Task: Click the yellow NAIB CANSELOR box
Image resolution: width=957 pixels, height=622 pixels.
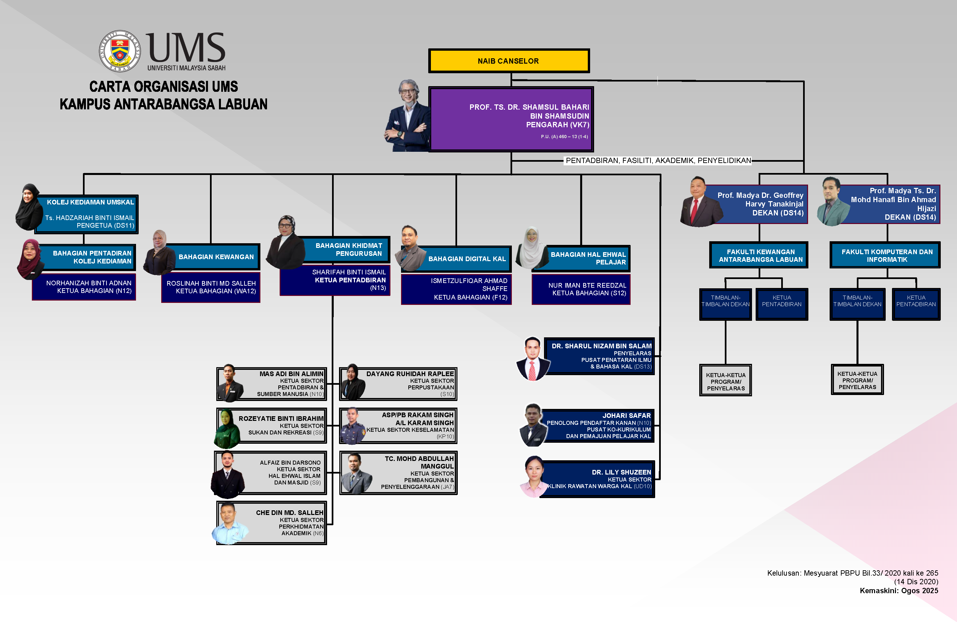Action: [509, 61]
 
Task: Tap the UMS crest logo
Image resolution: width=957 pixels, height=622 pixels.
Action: [120, 51]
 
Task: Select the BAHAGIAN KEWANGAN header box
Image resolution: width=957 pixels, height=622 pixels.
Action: [216, 257]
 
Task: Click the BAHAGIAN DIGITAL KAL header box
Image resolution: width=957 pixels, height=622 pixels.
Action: [466, 259]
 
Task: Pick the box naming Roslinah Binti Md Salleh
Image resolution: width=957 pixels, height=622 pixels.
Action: [211, 287]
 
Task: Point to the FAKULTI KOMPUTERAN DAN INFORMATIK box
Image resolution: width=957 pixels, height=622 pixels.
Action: [887, 255]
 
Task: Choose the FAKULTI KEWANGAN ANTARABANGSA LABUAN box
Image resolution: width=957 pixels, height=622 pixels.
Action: [760, 255]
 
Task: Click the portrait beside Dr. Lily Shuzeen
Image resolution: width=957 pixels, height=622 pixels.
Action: [534, 477]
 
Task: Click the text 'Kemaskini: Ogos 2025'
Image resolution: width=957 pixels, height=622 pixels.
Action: [898, 591]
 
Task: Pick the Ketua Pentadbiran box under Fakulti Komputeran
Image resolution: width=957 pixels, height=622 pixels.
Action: [916, 304]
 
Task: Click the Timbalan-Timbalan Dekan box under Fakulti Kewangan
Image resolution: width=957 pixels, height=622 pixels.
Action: [725, 304]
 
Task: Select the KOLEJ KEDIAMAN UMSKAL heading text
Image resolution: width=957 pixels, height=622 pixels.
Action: [90, 202]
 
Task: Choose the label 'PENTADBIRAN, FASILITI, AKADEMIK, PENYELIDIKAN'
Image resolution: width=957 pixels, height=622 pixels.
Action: [658, 161]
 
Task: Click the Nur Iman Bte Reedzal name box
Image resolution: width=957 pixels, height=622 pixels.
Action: [581, 289]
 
